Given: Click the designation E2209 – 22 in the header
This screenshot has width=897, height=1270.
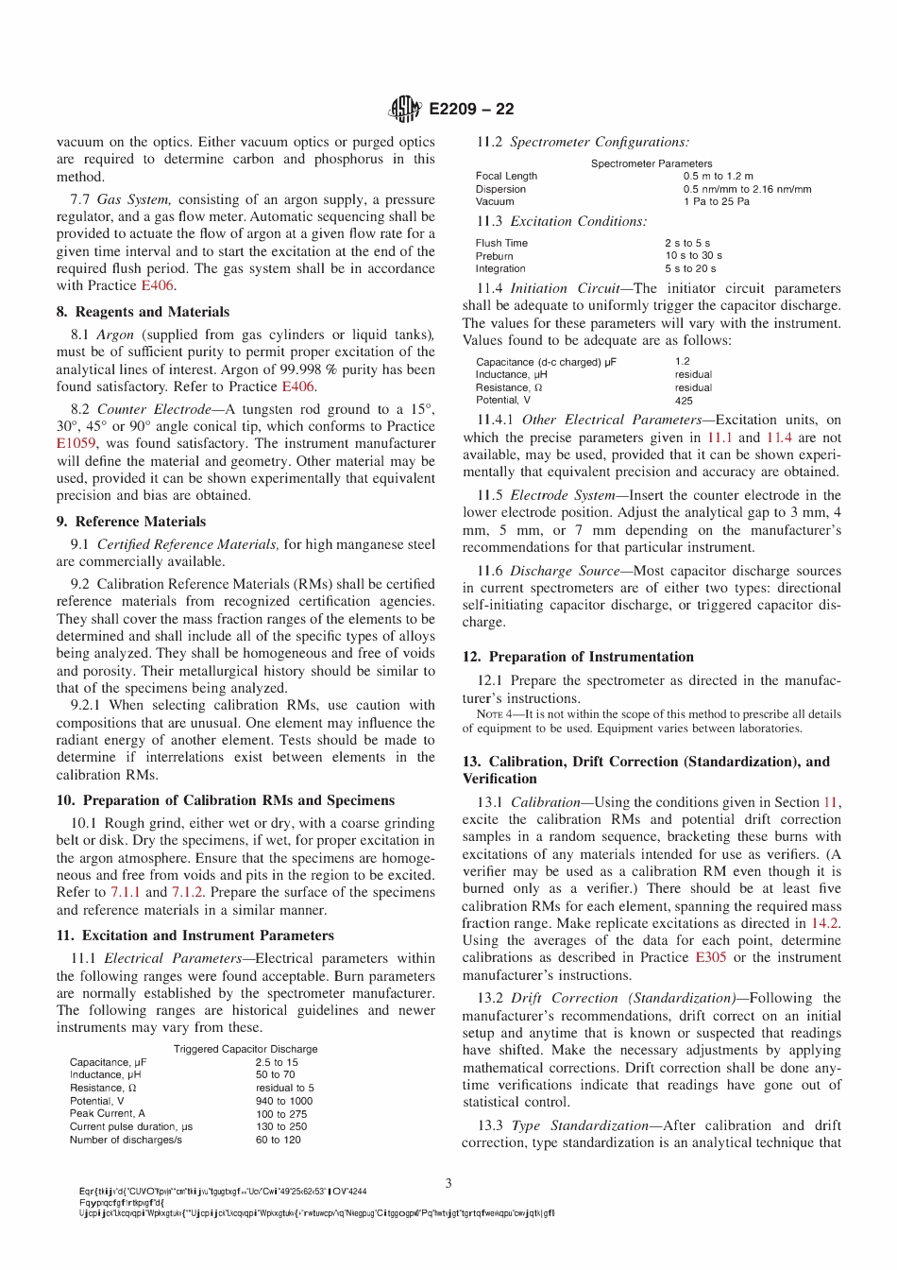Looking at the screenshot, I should [471, 110].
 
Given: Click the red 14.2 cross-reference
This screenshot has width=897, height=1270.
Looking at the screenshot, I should [825, 923].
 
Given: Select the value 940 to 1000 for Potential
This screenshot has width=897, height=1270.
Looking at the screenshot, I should [283, 1101].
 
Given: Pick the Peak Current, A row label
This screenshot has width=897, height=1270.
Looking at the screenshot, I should [107, 1114].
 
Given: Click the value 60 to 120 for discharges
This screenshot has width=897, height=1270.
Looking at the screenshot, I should [278, 1140].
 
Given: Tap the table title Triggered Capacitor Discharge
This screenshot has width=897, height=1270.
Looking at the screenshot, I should [245, 1049].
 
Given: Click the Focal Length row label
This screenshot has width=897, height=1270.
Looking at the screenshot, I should [506, 176].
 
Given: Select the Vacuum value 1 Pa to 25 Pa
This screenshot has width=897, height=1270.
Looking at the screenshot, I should [716, 201].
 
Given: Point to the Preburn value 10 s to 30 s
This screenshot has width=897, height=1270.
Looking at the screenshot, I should [693, 255].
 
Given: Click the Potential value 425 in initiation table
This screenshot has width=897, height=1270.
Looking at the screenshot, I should [684, 401].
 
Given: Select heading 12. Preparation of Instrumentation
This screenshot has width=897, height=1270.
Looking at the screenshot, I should [578, 657].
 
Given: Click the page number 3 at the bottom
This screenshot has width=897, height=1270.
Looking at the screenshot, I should [448, 1183].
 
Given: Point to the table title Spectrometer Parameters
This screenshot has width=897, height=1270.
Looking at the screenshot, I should [652, 163].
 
